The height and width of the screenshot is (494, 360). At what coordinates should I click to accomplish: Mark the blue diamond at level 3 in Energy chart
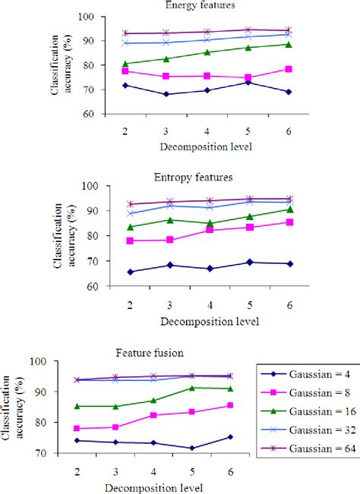tap(166, 94)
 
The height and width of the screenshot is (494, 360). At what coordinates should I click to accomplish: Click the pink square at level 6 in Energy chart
tap(288, 69)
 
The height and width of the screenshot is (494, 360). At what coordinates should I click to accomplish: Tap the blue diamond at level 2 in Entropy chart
tap(131, 272)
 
